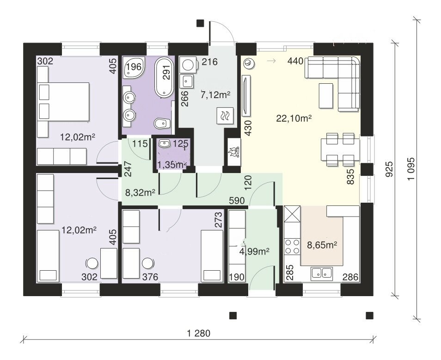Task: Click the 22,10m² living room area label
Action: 294,118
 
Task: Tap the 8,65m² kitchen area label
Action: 322,245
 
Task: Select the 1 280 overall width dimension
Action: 199,333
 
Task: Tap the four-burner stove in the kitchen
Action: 292,246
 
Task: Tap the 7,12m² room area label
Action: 215,95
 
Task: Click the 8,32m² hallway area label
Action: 141,192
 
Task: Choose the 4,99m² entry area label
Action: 254,251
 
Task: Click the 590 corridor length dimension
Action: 237,201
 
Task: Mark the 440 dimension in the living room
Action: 295,61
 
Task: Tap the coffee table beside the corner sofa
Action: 326,96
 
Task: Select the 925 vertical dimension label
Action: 389,169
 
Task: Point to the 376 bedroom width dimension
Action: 150,277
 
